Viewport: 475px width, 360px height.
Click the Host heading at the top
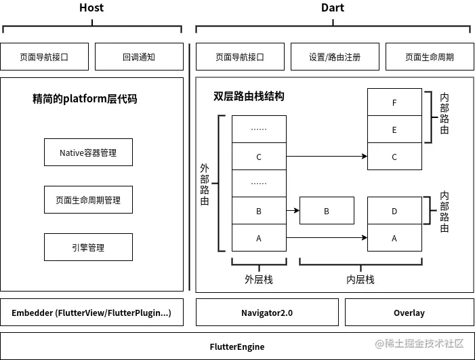click(x=91, y=8)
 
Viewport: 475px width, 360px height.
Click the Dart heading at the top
click(x=333, y=8)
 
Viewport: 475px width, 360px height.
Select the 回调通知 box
click(x=139, y=57)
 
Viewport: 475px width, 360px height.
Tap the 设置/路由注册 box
click(x=335, y=57)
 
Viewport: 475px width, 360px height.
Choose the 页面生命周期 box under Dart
click(x=430, y=57)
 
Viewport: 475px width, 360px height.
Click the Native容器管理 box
click(x=88, y=153)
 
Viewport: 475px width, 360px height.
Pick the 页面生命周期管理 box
click(x=88, y=200)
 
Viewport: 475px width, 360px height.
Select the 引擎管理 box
click(x=88, y=247)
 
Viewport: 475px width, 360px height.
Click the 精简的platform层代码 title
click(x=85, y=99)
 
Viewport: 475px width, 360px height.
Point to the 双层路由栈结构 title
click(x=249, y=96)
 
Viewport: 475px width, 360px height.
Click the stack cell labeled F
click(x=394, y=102)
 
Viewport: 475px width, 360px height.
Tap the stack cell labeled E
click(x=394, y=129)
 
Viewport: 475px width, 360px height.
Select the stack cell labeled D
click(x=394, y=211)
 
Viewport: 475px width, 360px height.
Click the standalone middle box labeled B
click(x=327, y=211)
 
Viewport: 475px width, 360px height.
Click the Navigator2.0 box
click(x=267, y=313)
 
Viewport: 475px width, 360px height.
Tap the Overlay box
click(x=409, y=313)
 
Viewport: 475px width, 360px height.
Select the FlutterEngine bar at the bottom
click(x=237, y=346)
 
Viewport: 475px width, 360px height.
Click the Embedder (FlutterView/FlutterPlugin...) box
click(x=91, y=313)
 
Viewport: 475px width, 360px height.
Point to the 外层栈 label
click(x=259, y=279)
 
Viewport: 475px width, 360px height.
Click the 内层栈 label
click(x=360, y=279)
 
